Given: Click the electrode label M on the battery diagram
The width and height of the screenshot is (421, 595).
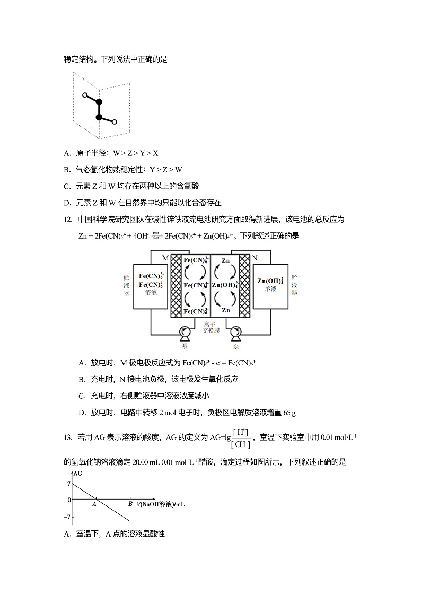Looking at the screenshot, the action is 165,258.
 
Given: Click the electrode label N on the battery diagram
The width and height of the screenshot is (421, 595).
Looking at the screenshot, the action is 255,258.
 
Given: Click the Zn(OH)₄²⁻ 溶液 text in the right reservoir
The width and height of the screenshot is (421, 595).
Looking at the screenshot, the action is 271,284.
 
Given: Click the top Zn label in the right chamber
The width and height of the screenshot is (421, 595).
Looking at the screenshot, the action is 225,261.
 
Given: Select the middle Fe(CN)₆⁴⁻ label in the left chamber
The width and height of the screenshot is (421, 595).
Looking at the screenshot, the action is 195,285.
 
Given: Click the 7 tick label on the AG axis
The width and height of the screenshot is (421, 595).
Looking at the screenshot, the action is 69,484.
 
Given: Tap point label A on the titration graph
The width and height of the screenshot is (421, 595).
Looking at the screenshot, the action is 94,504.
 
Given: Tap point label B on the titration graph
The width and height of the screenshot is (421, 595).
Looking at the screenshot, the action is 130,504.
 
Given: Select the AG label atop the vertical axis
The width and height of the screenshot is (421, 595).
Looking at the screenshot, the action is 78,472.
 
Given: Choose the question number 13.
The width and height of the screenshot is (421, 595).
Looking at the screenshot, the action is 67,437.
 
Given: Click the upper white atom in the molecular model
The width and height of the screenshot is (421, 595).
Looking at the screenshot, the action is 84,95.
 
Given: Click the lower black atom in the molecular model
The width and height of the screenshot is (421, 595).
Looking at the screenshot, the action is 99,117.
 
